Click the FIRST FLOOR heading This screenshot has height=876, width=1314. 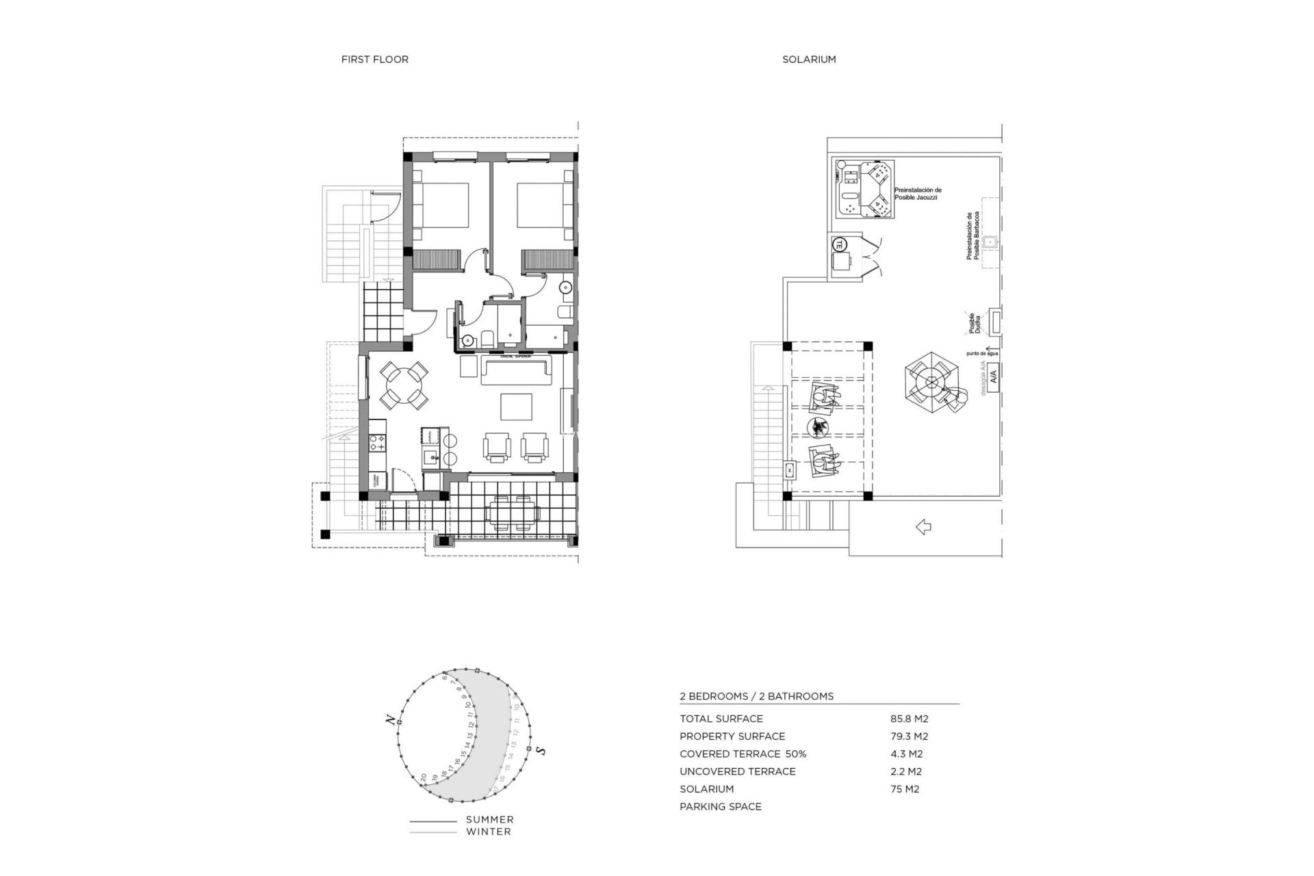click(374, 60)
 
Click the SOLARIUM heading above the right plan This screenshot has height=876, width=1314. click(809, 60)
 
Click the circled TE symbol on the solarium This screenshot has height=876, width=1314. click(839, 244)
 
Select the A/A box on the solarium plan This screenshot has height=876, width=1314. click(993, 376)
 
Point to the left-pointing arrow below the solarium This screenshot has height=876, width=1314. click(923, 527)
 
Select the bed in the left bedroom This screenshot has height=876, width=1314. click(443, 205)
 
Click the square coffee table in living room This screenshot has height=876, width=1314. click(516, 407)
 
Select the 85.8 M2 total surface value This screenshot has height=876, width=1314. click(909, 719)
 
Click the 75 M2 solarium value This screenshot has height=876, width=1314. click(904, 789)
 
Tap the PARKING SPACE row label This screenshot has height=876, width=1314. click(720, 807)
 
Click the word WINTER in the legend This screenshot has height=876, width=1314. click(488, 832)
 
